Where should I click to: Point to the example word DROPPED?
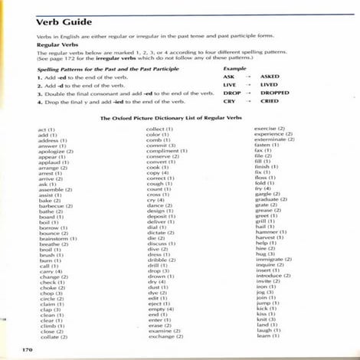(274, 93)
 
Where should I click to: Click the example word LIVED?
(270, 85)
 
